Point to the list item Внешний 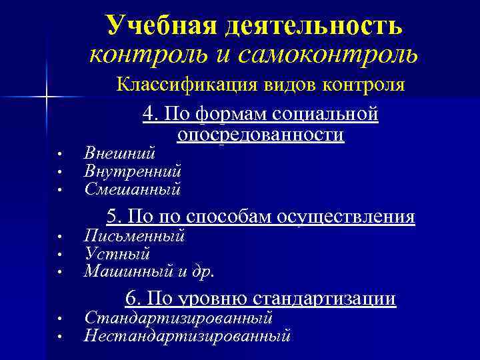pyautogui.click(x=120, y=153)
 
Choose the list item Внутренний pyautogui.click(x=133, y=171)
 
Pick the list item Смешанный pyautogui.click(x=133, y=189)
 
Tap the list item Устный pyautogui.click(x=117, y=254)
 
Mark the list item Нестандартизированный pyautogui.click(x=187, y=335)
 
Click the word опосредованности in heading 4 pyautogui.click(x=261, y=135)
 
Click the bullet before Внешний pyautogui.click(x=59, y=154)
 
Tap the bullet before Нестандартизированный pyautogui.click(x=59, y=337)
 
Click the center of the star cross pyautogui.click(x=46, y=97)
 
